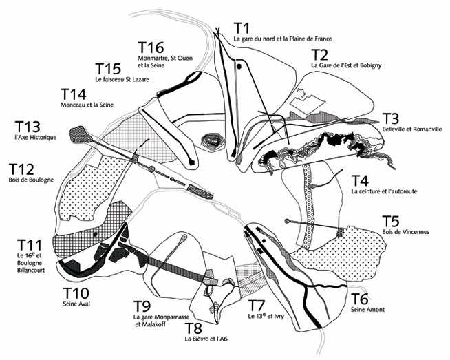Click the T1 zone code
[240, 28]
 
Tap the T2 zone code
[319, 54]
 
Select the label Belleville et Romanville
[411, 129]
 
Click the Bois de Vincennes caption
[407, 232]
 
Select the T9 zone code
[142, 306]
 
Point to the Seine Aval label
[76, 303]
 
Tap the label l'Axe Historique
[34, 138]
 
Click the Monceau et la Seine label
[87, 105]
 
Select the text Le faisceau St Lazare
[122, 79]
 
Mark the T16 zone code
[151, 47]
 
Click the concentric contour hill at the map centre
[213, 142]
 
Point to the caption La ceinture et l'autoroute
[385, 192]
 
